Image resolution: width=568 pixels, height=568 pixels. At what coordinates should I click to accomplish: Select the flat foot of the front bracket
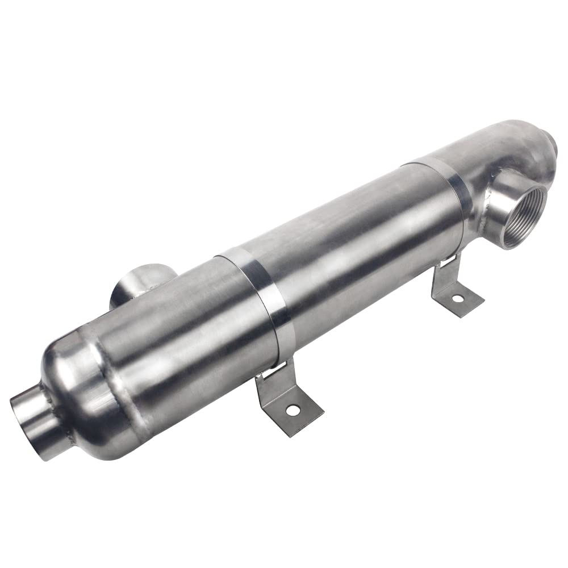295,412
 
